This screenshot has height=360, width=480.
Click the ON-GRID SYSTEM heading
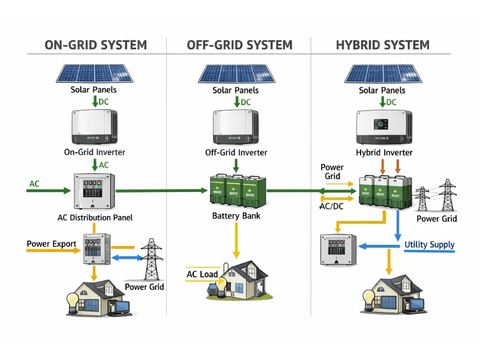pos(96,45)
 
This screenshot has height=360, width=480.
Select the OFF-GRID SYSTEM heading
pos(239,45)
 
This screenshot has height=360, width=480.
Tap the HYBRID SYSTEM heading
pos(382,45)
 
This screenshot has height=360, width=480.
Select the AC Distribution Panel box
pos(93,191)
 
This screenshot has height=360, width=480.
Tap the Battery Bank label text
pos(236,215)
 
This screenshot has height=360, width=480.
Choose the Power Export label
pos(52,244)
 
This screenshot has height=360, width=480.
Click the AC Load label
pos(202,274)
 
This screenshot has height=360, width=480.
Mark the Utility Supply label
pos(429,245)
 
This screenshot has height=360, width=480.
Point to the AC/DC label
pos(331,206)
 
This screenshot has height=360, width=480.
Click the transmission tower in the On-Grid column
pos(152,259)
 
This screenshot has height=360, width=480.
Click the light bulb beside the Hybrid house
pos(368,296)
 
